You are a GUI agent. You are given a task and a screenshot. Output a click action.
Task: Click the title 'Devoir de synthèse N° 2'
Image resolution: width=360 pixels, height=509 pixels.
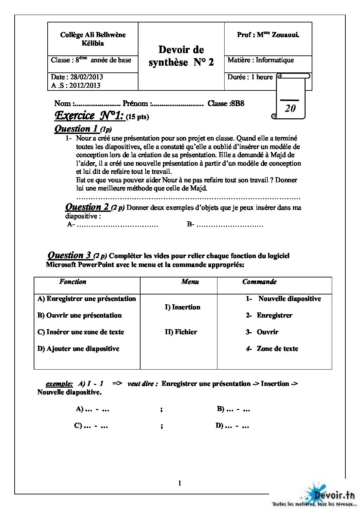tap(181, 56)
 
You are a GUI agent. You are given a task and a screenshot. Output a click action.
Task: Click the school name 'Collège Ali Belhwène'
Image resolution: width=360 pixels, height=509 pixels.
tap(93, 35)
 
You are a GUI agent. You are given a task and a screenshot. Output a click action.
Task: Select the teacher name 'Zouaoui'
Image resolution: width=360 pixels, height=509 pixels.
tap(285, 35)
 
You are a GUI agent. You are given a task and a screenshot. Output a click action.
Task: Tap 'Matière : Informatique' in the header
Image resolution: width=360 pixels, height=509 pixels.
tap(260, 60)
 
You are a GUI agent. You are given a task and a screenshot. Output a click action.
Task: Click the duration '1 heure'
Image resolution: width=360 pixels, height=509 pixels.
tap(262, 77)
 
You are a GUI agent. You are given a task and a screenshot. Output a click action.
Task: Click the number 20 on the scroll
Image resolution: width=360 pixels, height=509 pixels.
tap(290, 108)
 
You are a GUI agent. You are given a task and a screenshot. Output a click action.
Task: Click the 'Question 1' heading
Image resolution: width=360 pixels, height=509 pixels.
tap(77, 129)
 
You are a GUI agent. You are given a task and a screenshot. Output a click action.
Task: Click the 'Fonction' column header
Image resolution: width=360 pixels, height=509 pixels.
tap(72, 282)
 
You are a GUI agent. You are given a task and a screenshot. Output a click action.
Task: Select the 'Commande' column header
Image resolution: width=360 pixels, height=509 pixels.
tap(259, 282)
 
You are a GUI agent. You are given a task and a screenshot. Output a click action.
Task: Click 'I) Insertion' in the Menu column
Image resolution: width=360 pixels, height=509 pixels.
tap(183, 307)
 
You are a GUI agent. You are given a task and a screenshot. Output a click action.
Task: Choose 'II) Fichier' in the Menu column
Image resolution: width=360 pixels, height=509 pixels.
tap(181, 332)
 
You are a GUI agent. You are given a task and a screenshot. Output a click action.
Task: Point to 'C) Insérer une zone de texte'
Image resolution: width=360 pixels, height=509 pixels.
tap(81, 332)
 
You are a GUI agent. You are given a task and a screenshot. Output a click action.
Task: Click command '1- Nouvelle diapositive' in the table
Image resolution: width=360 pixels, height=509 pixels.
tap(283, 299)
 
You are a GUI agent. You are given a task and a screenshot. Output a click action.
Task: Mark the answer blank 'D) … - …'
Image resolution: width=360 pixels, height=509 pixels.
tap(232, 425)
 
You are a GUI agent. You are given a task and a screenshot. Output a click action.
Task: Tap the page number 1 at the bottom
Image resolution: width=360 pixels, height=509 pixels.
tap(180, 483)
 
